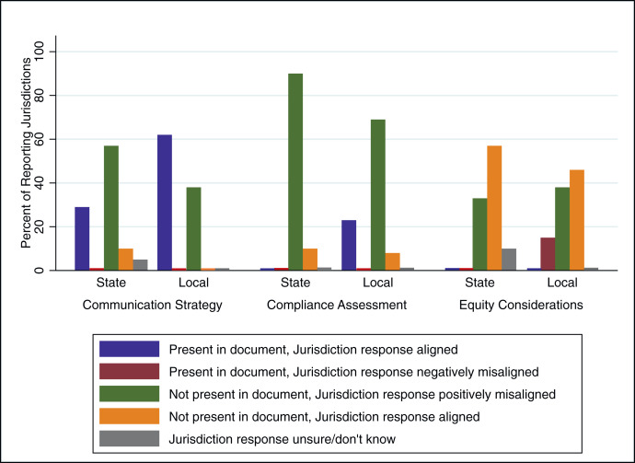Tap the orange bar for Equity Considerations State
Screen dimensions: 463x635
coord(520,208)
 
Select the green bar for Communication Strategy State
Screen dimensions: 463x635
coord(111,208)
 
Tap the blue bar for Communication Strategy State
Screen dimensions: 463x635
coord(82,238)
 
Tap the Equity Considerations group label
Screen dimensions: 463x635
coord(520,304)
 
